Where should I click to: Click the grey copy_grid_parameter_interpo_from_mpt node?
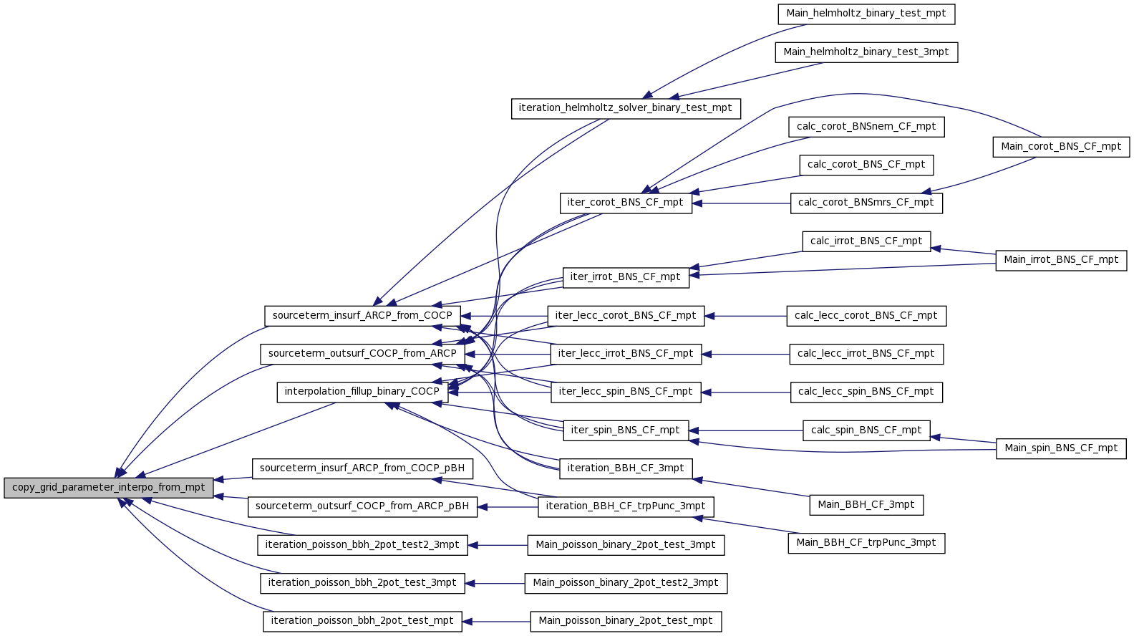coord(108,488)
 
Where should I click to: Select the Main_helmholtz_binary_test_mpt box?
coord(866,14)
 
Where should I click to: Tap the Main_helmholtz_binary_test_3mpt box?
coord(866,53)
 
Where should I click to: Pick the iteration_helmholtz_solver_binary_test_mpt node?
coord(626,109)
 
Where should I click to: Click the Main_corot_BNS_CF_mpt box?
coord(1061,147)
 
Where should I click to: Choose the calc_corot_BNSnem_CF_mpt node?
coord(866,127)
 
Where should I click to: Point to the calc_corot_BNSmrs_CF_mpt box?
coord(866,203)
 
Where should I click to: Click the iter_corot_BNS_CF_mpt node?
coord(626,203)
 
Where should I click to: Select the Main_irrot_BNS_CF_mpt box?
coord(1061,260)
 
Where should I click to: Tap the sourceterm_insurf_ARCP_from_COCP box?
coord(362,316)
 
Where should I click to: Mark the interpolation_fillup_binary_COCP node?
coord(362,392)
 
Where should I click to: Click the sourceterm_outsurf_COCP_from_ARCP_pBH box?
coord(362,507)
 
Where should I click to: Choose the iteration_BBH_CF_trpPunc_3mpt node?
coord(626,507)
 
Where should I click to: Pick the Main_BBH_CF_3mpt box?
coord(866,506)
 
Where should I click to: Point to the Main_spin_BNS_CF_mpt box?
coord(1061,448)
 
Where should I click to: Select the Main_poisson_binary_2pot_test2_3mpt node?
coord(626,583)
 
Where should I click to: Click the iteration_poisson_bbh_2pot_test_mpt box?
coord(362,621)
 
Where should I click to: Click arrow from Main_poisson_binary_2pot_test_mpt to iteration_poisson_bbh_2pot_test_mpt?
coord(497,621)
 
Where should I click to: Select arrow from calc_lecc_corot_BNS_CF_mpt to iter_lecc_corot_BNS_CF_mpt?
coord(746,316)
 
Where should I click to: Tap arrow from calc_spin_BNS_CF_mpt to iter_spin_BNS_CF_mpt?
coord(746,431)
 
